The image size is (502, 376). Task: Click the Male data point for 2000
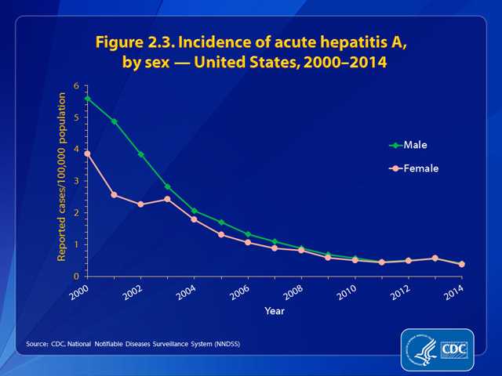point(88,99)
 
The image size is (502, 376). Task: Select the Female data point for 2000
point(88,154)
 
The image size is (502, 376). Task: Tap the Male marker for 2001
point(115,121)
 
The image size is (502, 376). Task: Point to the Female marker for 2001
point(115,194)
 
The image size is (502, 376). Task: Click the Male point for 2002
point(140,154)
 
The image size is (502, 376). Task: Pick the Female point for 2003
point(167,199)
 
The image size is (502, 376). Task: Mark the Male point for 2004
point(194,211)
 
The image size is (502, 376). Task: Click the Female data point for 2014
point(462,264)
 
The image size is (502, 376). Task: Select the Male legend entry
point(414,145)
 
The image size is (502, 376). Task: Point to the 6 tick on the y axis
point(77,86)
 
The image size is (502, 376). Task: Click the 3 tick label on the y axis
point(77,181)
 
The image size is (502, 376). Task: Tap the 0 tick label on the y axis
point(77,277)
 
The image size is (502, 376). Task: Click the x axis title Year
point(274,310)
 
